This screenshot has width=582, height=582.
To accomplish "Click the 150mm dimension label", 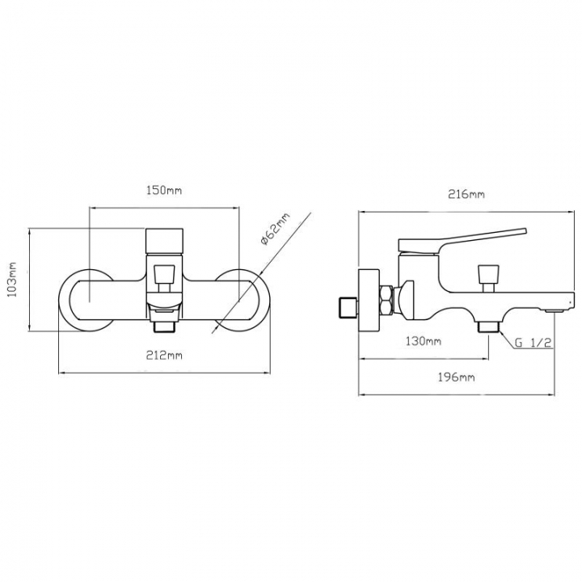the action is [164, 191].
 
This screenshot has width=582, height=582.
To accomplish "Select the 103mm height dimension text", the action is [13, 279].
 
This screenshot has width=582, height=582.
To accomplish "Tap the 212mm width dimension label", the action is [164, 356].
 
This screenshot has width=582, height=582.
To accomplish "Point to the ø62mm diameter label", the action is [275, 230].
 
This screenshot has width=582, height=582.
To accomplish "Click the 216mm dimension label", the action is [466, 195].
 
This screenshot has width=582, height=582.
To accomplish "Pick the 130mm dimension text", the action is [423, 341].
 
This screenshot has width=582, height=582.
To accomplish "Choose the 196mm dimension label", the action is [456, 377].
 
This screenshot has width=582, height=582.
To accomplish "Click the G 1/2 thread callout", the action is [533, 343].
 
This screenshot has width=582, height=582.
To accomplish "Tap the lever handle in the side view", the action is [462, 241].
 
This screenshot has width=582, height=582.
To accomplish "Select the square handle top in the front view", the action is [164, 241].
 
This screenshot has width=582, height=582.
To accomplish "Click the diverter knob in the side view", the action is [487, 278].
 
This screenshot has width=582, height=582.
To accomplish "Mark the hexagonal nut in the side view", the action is [386, 300].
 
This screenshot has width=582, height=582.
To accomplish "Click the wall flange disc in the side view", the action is [369, 301].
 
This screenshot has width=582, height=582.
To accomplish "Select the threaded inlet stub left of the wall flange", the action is [349, 308].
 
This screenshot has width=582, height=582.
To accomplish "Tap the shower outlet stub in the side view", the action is [488, 327].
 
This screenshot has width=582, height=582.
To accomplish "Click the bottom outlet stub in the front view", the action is [164, 327].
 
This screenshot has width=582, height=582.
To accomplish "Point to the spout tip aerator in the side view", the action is [554, 310].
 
